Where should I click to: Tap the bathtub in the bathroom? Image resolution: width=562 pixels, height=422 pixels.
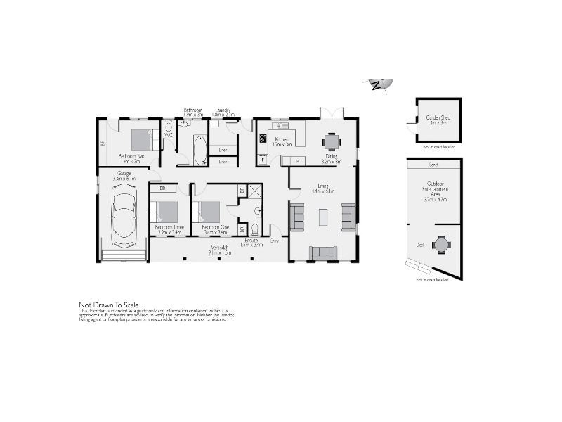tap(199, 149)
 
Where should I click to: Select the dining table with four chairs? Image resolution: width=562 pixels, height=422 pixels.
tap(331, 141)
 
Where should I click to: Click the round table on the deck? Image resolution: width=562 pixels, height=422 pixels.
tap(440, 244)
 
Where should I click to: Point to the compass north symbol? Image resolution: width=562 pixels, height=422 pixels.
tap(381, 84)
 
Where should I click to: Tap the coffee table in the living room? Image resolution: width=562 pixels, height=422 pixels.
tap(322, 217)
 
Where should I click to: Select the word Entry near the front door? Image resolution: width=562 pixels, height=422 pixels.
tap(275, 241)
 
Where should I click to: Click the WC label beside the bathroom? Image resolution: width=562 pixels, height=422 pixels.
tap(169, 135)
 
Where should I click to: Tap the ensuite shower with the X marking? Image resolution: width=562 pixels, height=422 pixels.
tap(254, 191)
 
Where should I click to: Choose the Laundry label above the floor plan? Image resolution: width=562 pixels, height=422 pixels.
tap(223, 110)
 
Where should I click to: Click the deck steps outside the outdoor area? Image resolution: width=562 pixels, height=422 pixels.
tap(419, 266)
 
